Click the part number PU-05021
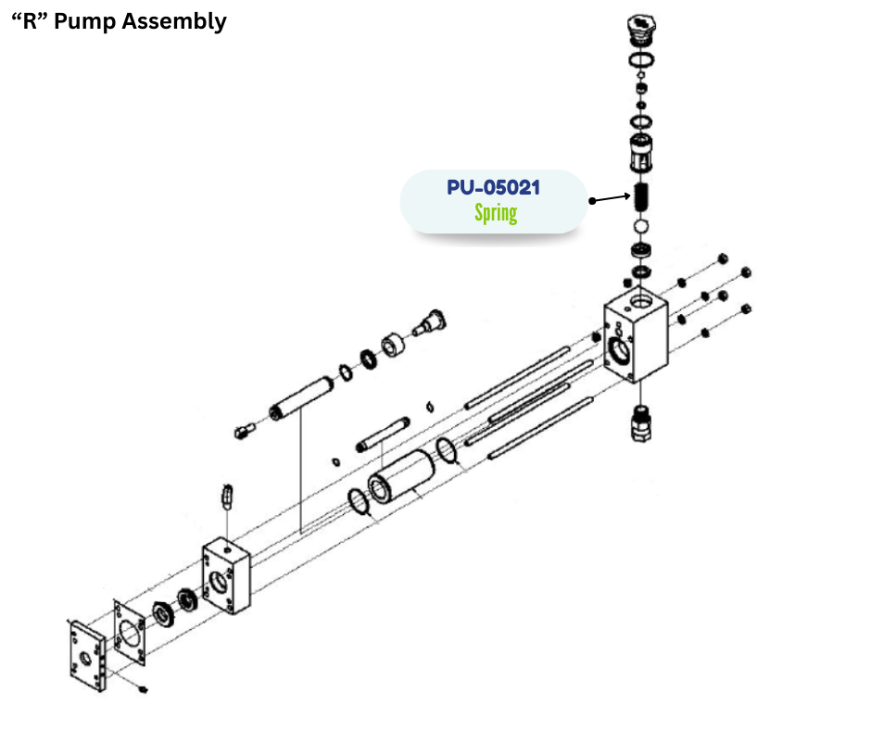tap(493, 187)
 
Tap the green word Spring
tap(496, 213)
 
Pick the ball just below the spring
tap(639, 226)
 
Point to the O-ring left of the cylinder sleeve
tap(359, 505)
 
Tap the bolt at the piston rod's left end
tap(245, 429)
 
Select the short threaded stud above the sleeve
tap(383, 434)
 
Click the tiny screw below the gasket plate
tap(143, 688)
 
